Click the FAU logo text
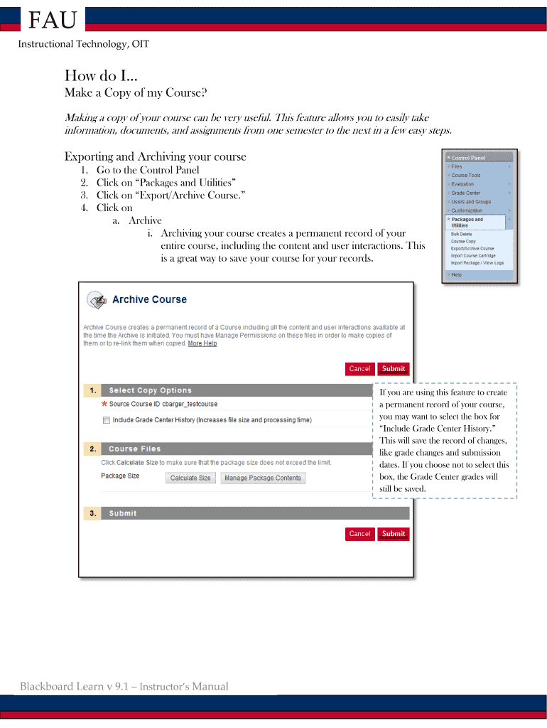51,21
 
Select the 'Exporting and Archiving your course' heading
155,156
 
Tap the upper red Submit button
393,368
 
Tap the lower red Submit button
393,533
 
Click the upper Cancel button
359,368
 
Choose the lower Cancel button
359,533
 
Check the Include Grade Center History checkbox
107,420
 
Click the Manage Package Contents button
263,478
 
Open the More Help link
202,343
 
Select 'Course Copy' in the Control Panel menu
463,241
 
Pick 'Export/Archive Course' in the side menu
472,248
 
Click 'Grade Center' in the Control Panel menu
466,193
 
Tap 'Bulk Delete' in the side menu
461,234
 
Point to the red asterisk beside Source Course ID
104,404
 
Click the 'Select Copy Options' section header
150,390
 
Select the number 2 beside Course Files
92,449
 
